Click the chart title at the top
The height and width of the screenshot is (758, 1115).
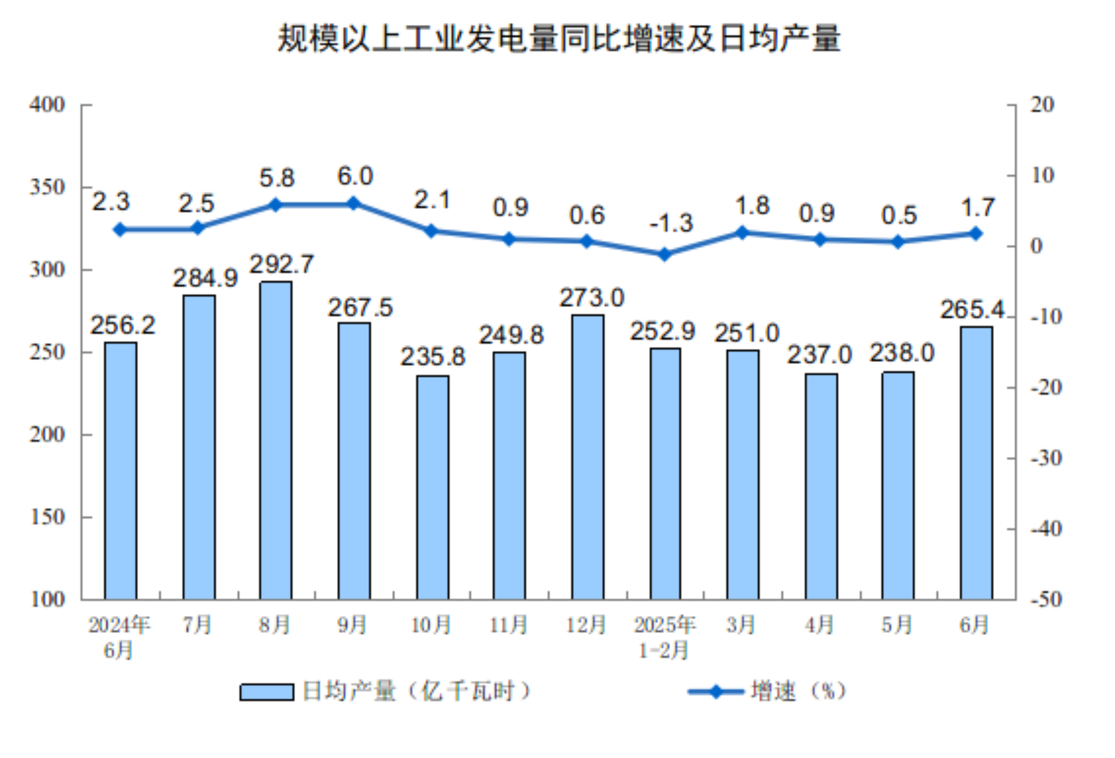[x=559, y=38]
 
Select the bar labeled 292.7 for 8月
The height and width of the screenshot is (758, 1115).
[x=275, y=440]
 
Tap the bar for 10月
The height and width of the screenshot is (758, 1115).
[x=433, y=487]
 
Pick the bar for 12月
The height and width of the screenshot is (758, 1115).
[x=588, y=457]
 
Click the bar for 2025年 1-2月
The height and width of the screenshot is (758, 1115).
[x=665, y=473]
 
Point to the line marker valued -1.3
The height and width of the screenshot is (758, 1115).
[x=665, y=254]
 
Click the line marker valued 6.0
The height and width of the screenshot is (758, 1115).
[x=354, y=203]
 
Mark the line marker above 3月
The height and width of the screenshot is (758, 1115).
[x=742, y=232]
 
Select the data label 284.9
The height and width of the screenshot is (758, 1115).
[x=205, y=278]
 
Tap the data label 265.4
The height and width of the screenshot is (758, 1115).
[x=972, y=309]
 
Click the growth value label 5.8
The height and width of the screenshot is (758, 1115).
[x=277, y=178]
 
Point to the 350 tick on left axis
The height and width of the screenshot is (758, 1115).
[x=47, y=187]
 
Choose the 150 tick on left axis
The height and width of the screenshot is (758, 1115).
[x=47, y=517]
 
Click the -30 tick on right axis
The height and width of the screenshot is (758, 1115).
[x=1046, y=458]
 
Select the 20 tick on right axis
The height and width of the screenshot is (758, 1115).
[x=1042, y=105]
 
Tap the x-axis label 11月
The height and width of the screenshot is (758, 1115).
[x=509, y=625]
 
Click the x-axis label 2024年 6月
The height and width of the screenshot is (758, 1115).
[x=119, y=637]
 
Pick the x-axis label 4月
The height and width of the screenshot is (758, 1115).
[x=819, y=625]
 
